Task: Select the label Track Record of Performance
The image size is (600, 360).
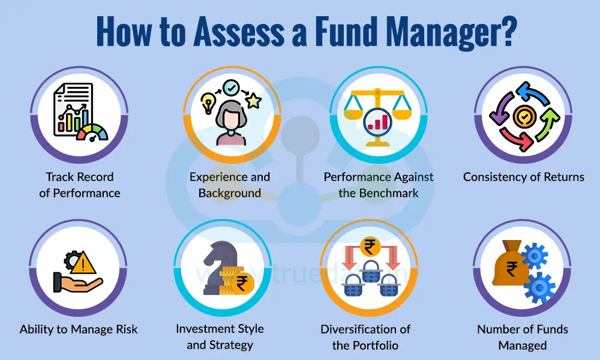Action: point(80,185)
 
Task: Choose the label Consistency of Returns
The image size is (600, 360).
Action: point(523,177)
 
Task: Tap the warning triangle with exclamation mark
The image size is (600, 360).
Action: point(87,262)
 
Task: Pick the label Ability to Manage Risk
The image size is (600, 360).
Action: point(79,329)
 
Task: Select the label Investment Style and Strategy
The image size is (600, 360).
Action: point(220,337)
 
